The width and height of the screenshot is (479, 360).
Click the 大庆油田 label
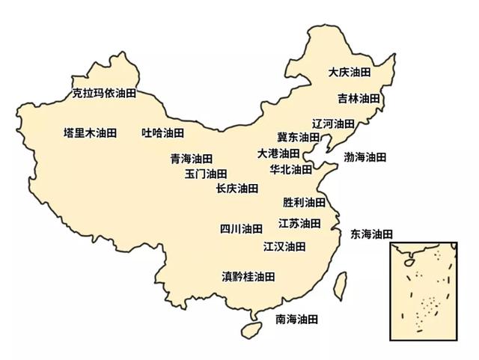coord(350,73)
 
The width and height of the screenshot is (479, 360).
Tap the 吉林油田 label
coord(358,99)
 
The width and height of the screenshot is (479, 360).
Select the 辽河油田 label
coord(333,123)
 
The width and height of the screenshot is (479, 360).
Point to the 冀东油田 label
coord(298,138)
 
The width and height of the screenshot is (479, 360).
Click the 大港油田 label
coord(278,153)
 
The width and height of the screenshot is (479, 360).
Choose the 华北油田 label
coord(290,170)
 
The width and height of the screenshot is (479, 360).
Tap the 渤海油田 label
coord(365,157)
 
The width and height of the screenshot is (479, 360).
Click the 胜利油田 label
coord(304,203)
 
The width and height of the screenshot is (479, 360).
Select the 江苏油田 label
coord(299,224)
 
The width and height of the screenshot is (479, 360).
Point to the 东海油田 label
coord(371,234)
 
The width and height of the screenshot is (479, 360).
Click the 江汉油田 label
coord(284,246)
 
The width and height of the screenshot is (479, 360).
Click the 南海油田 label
coord(297,320)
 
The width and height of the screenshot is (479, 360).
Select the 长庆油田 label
coord(237,189)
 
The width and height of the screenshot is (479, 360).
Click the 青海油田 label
coord(192,159)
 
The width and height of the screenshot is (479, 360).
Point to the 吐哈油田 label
coord(162,133)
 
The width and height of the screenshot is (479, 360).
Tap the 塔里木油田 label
coord(91,133)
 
